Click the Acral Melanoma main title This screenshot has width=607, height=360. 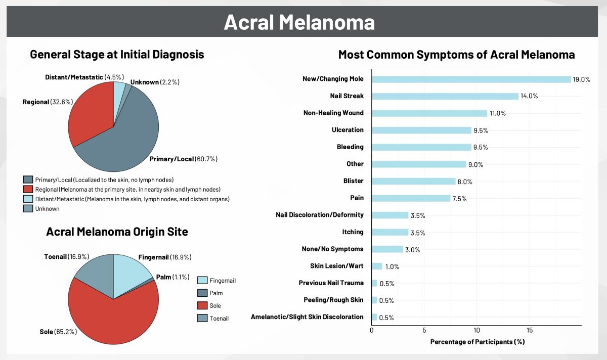click(x=299, y=22)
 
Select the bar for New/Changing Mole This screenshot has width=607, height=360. click(x=471, y=79)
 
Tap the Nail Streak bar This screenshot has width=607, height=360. click(x=445, y=96)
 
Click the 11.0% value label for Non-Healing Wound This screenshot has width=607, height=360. click(x=497, y=113)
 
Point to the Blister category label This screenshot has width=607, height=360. click(x=353, y=181)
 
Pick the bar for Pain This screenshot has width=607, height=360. click(x=411, y=198)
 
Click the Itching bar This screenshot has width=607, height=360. click(x=389, y=232)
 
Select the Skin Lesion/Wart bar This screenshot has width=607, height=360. click(x=377, y=266)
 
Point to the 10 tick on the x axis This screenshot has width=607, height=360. click(x=476, y=330)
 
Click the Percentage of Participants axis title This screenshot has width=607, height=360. click(x=477, y=342)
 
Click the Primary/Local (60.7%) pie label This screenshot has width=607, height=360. click(x=184, y=159)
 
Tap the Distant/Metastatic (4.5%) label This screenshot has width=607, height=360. click(x=84, y=77)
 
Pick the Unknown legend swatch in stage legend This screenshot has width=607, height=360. click(x=28, y=208)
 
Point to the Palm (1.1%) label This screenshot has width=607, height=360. click(x=172, y=277)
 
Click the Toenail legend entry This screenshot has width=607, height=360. click(x=212, y=318)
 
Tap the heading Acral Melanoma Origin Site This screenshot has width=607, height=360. click(x=117, y=232)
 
